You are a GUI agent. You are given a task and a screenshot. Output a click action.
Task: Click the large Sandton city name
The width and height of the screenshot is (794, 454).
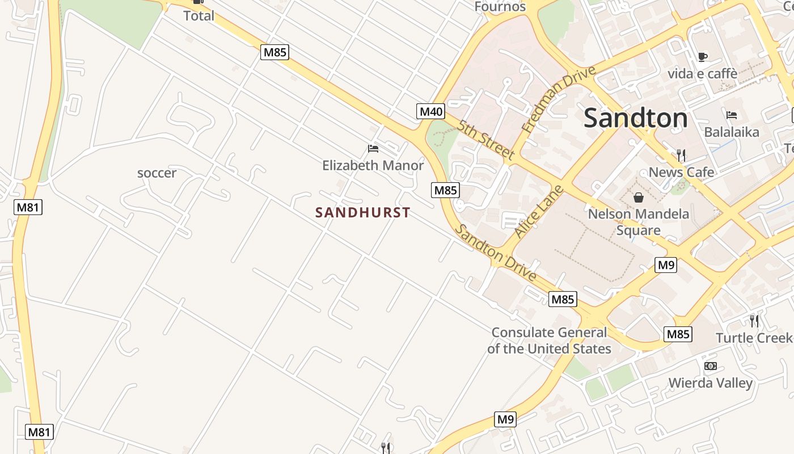[x=635, y=118]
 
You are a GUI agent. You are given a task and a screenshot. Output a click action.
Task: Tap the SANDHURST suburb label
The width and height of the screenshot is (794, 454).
[x=362, y=213]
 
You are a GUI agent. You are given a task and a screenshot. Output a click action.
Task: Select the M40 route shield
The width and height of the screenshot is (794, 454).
[x=430, y=111]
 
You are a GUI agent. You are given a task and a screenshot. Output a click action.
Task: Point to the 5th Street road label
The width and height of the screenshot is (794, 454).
[x=487, y=140]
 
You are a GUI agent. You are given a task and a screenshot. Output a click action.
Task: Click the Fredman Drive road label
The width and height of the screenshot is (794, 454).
[x=559, y=99]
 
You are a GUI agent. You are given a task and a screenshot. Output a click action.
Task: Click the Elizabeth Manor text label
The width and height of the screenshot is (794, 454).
[x=373, y=165]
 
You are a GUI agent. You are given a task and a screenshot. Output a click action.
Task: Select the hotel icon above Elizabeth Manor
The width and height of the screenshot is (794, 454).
[x=373, y=149]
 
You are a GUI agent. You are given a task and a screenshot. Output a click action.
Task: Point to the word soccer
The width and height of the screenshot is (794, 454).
[x=157, y=173]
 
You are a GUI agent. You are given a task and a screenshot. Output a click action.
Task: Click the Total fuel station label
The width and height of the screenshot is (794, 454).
[x=198, y=16]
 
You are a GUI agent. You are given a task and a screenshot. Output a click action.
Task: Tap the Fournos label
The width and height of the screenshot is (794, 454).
[x=500, y=7]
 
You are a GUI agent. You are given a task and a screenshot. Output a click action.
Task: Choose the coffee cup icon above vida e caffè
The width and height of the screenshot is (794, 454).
[x=702, y=57]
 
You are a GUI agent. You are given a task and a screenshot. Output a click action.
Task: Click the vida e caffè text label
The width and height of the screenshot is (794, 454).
[x=702, y=74]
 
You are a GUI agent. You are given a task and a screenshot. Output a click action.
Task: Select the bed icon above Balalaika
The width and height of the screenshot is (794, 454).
[x=732, y=115]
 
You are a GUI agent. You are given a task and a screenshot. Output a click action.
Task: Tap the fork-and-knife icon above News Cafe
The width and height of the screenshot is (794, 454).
[x=681, y=155]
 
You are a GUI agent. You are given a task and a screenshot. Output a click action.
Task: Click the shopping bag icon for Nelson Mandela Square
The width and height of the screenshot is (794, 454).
[x=639, y=197]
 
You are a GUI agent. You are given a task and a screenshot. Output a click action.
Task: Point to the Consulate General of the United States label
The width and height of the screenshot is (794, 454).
[x=549, y=340]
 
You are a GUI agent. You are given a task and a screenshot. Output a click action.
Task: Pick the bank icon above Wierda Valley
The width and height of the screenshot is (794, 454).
[x=710, y=366]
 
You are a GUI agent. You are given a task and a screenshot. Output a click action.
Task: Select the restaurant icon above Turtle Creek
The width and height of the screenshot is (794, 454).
[x=754, y=321]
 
